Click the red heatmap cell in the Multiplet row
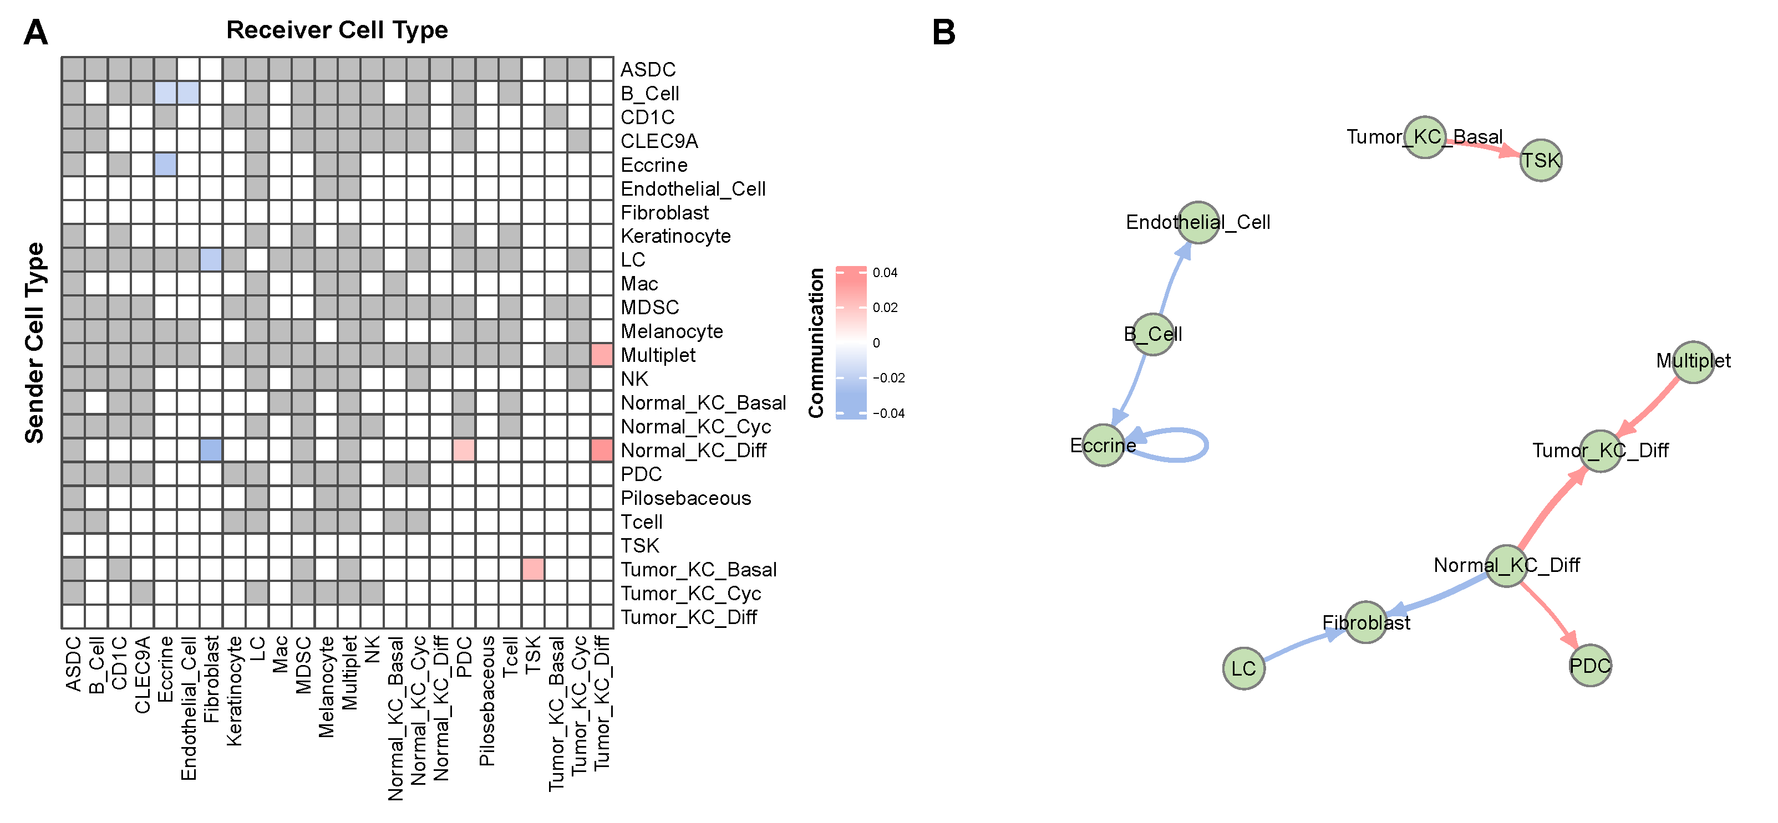[602, 355]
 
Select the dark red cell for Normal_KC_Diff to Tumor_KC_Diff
[602, 451]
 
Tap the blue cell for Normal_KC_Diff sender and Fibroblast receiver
[211, 451]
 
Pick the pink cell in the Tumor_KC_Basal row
[533, 570]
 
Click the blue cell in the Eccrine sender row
[166, 165]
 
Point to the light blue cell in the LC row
[211, 260]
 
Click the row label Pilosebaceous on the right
[685, 498]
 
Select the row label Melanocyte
[672, 331]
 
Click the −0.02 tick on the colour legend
[888, 378]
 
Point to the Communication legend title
[816, 343]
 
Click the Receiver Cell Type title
[337, 30]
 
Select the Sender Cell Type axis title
[34, 343]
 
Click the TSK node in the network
[1541, 161]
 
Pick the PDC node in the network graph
[1590, 666]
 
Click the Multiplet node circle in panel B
[1694, 361]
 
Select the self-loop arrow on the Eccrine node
[1205, 445]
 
